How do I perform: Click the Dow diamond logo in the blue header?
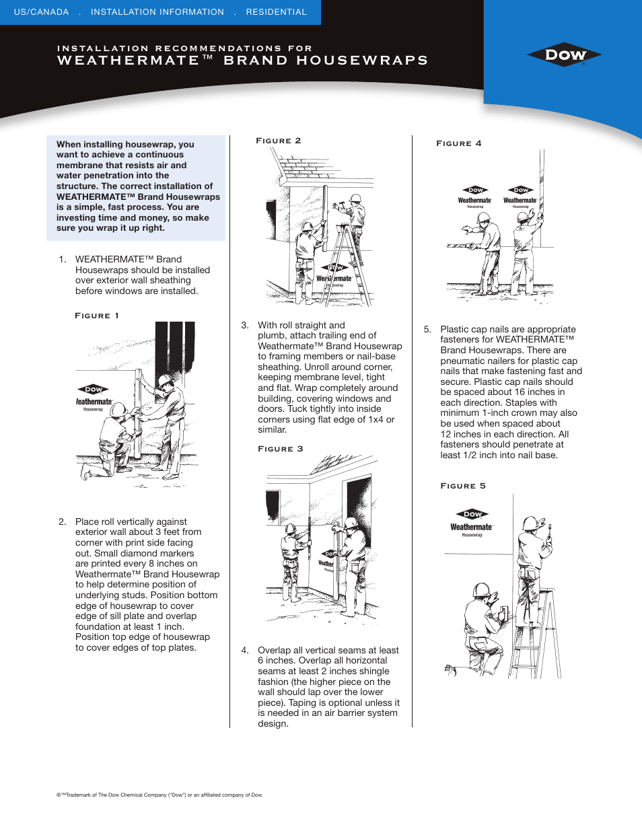tap(564, 55)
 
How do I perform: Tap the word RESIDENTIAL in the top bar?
tap(276, 12)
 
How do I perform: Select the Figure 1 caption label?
tap(97, 316)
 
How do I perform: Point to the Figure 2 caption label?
tap(279, 141)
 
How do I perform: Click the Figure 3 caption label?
tap(281, 449)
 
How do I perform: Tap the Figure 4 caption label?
tap(459, 143)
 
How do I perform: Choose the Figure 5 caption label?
tap(463, 486)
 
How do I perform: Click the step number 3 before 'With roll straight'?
tap(245, 325)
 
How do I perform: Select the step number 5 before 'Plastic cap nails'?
tap(427, 330)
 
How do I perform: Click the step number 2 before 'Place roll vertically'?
tap(62, 521)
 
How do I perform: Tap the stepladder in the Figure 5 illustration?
tap(536, 636)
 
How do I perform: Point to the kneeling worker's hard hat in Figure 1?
tap(118, 408)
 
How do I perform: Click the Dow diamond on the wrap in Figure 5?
tap(472, 514)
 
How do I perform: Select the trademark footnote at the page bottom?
tap(159, 795)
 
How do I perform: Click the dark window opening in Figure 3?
tap(359, 501)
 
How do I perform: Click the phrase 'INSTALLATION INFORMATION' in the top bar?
tap(157, 12)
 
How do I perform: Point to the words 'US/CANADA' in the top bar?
tap(42, 12)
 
